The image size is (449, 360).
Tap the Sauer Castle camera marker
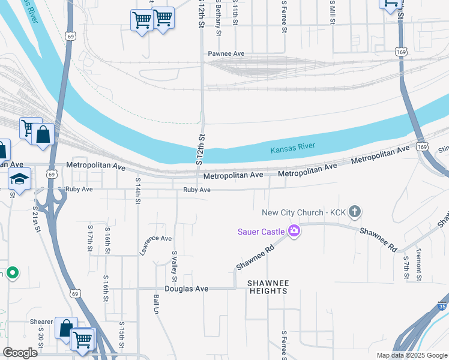[294, 231]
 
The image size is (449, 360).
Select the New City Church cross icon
[355, 211]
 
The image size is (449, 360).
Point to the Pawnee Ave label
[226, 53]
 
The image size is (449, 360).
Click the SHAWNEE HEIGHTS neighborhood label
[268, 287]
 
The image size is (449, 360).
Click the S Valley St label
[175, 266]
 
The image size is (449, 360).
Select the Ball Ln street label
[156, 306]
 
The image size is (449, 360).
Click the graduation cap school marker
[20, 179]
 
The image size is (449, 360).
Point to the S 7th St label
[406, 268]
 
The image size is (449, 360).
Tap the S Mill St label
[332, 13]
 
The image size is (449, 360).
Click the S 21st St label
[35, 218]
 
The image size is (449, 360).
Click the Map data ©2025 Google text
[412, 355]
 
